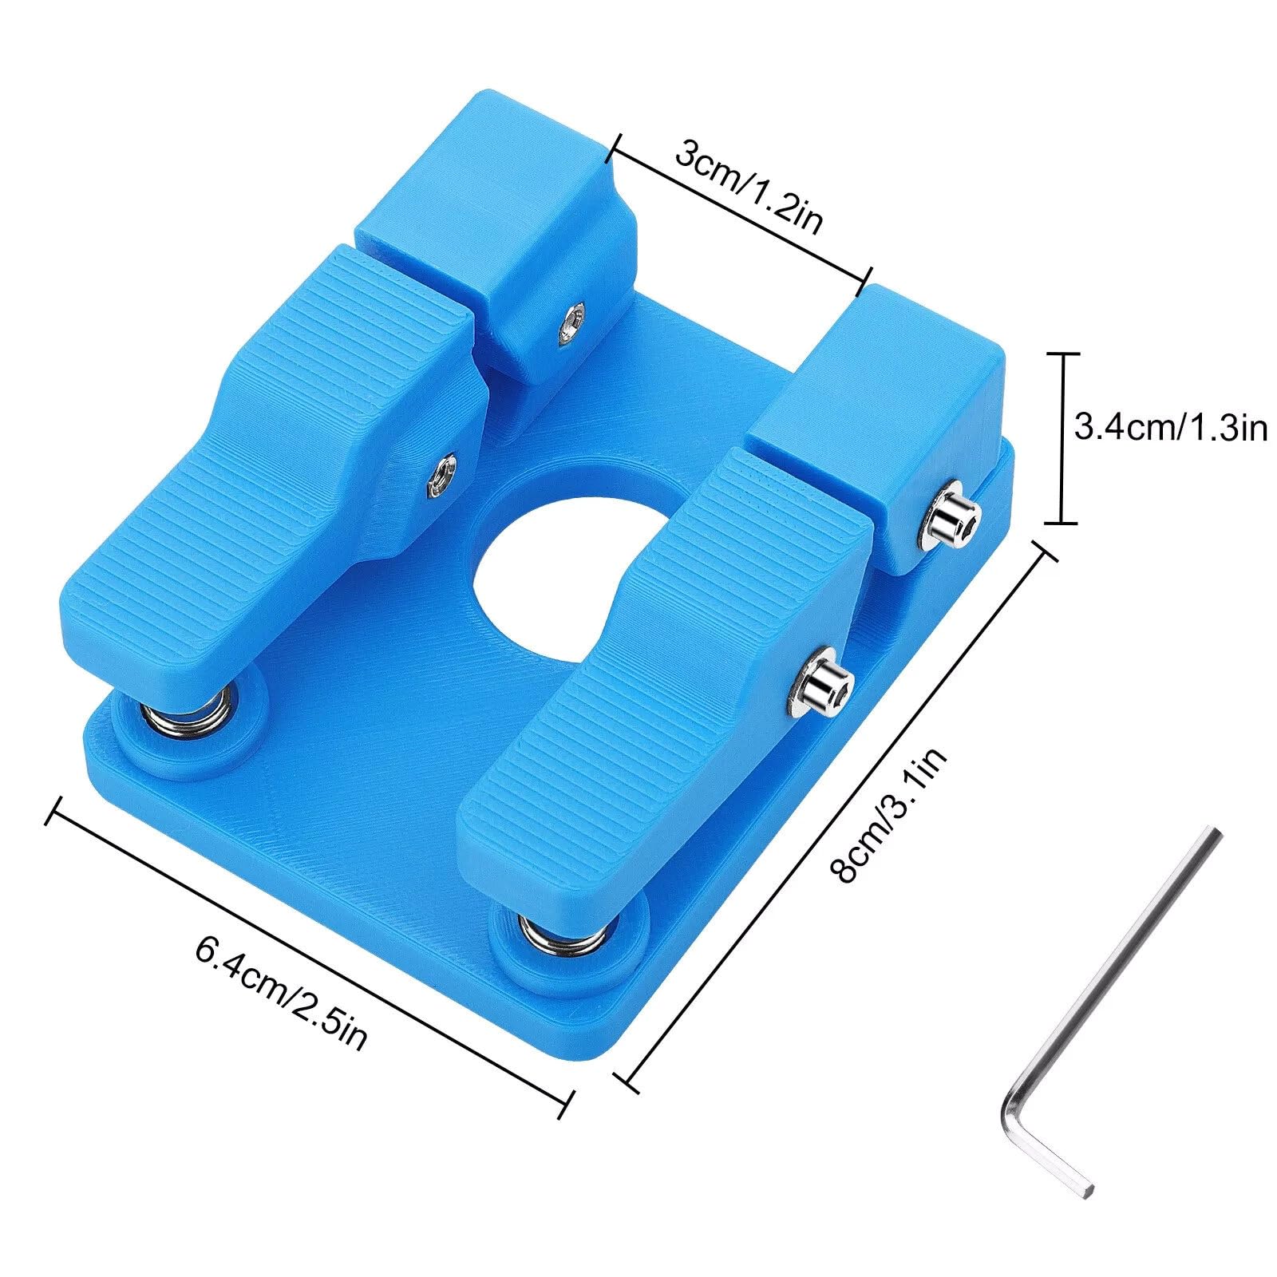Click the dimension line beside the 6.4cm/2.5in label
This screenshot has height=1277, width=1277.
[311, 950]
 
